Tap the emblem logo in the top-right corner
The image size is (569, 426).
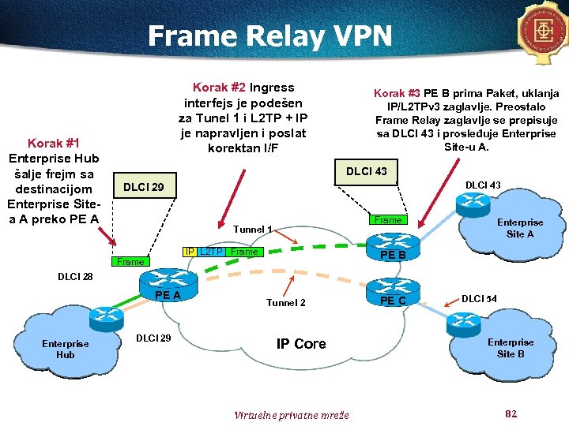click(544, 32)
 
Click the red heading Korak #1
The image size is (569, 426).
click(54, 143)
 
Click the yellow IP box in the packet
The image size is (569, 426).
click(189, 252)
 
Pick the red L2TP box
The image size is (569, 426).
click(210, 252)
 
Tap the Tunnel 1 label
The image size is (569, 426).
click(253, 230)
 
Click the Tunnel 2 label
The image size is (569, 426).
click(285, 303)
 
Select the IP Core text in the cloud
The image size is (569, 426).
click(300, 344)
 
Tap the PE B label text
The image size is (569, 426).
click(392, 255)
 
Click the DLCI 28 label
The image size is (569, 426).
click(75, 277)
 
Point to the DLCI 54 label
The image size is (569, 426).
click(479, 298)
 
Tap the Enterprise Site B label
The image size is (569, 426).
click(510, 348)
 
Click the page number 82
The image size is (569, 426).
click(510, 413)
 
